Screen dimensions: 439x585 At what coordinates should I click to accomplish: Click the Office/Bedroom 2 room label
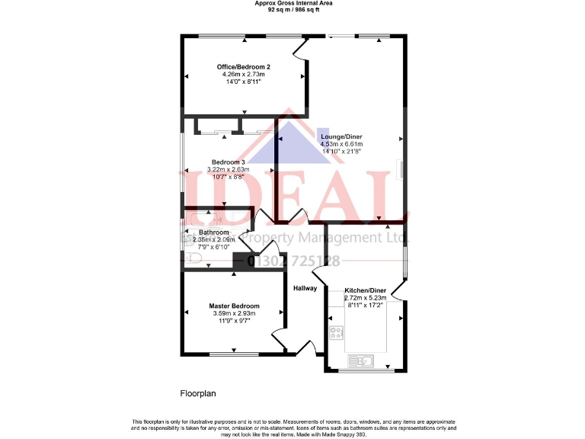[x=244, y=67]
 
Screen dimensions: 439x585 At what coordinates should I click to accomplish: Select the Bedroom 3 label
[x=228, y=162]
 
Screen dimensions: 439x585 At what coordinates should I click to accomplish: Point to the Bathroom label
[x=214, y=232]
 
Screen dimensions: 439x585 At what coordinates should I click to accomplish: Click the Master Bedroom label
[x=234, y=306]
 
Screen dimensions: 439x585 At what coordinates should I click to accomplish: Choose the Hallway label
[x=305, y=288]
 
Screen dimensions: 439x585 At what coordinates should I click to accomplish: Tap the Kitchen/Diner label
[x=366, y=290]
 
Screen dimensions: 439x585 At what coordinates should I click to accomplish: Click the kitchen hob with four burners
[x=336, y=333]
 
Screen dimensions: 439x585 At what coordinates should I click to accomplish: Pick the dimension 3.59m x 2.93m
[x=234, y=313]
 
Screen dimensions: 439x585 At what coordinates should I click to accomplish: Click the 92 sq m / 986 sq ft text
[x=292, y=10]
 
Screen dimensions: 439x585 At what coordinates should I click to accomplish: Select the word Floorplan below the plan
[x=198, y=394]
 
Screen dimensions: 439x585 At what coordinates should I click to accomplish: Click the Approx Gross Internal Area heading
[x=292, y=4]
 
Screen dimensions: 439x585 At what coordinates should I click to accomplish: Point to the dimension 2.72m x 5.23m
[x=366, y=298]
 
